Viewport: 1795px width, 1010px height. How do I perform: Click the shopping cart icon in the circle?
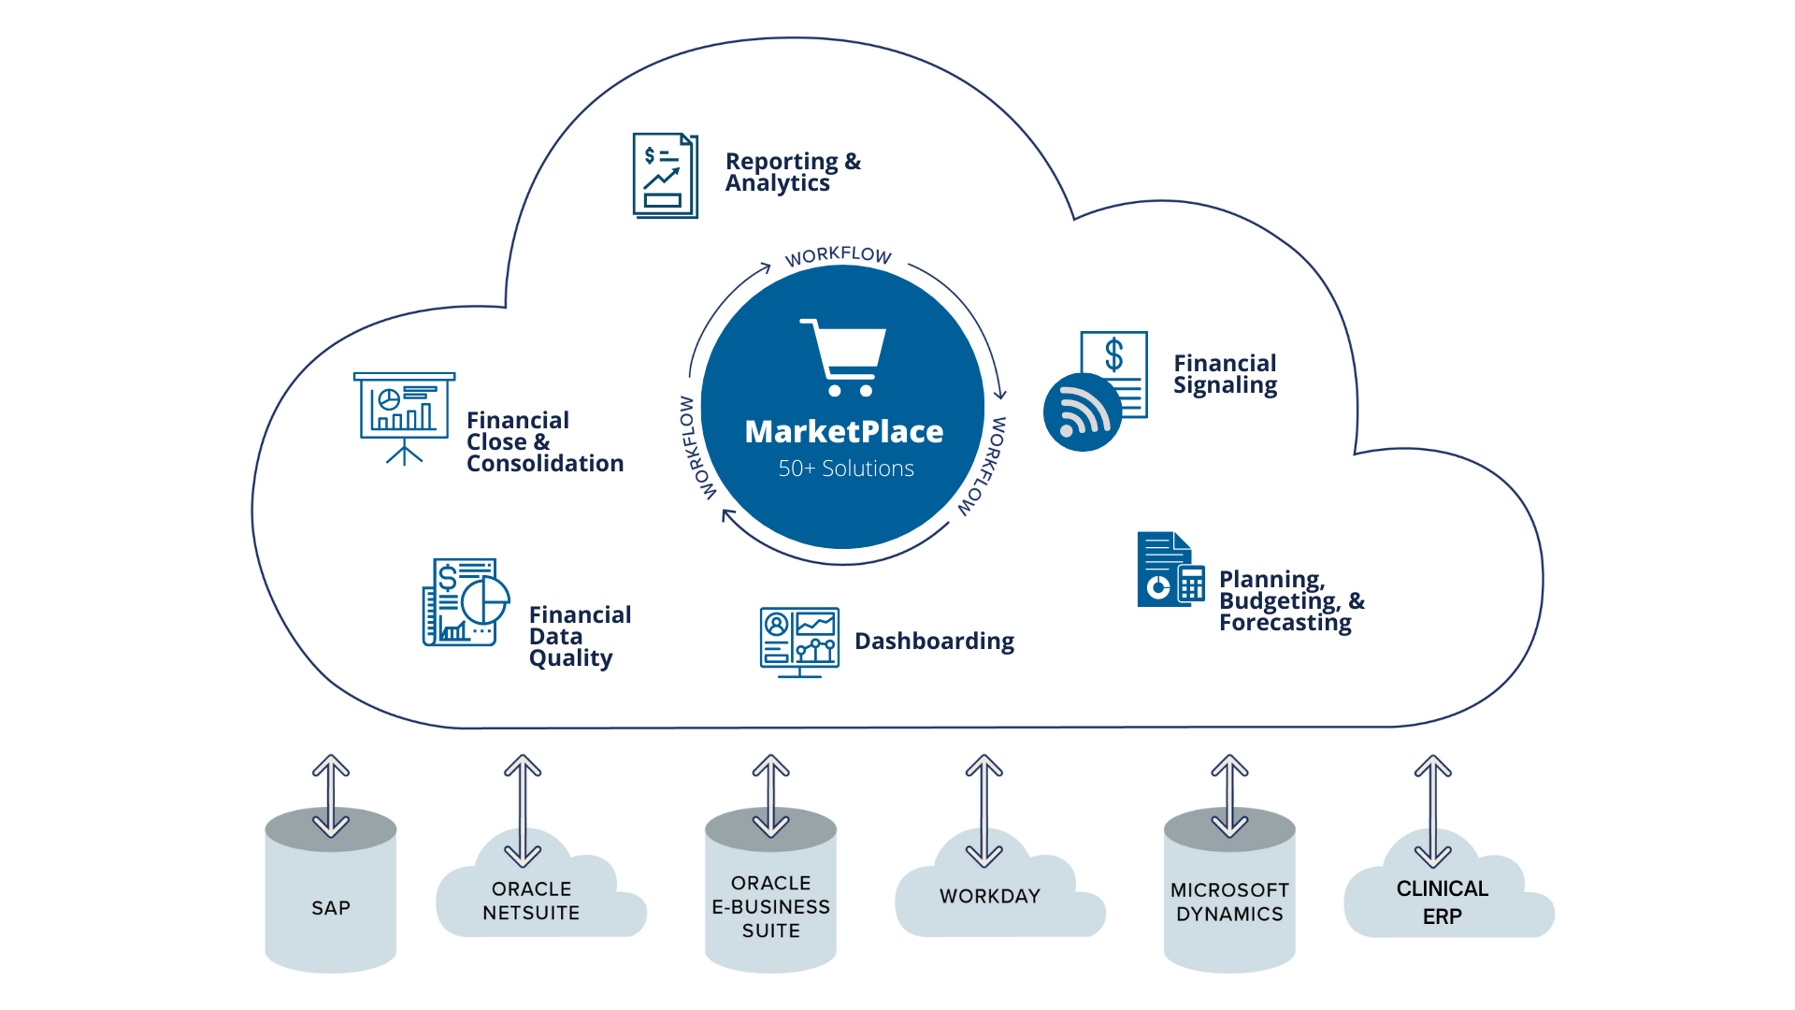tap(843, 357)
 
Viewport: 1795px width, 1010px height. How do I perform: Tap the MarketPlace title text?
tap(843, 432)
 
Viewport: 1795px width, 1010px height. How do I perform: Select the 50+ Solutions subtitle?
tap(846, 469)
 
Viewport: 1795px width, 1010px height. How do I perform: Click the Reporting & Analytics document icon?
tap(665, 176)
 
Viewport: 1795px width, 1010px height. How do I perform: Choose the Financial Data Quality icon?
tap(466, 603)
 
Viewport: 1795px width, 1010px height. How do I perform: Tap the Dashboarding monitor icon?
tap(799, 642)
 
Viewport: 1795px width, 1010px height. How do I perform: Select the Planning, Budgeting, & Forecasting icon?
tap(1170, 570)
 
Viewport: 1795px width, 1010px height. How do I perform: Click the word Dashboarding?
tap(934, 642)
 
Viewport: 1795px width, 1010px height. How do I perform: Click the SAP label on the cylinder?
tap(331, 908)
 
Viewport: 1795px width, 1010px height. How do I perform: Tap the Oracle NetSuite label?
tap(531, 901)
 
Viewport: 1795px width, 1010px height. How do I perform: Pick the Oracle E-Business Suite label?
tap(770, 907)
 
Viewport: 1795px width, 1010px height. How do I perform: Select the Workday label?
tap(989, 896)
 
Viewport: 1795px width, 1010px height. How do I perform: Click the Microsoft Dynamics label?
tap(1229, 902)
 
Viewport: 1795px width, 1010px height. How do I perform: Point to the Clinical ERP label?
tap(1442, 902)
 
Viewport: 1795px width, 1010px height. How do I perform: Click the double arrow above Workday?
tap(984, 810)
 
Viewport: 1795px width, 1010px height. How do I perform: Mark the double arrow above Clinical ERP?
tap(1432, 810)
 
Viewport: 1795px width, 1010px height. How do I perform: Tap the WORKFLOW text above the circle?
tap(838, 255)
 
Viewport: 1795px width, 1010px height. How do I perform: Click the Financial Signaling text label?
tap(1225, 374)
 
